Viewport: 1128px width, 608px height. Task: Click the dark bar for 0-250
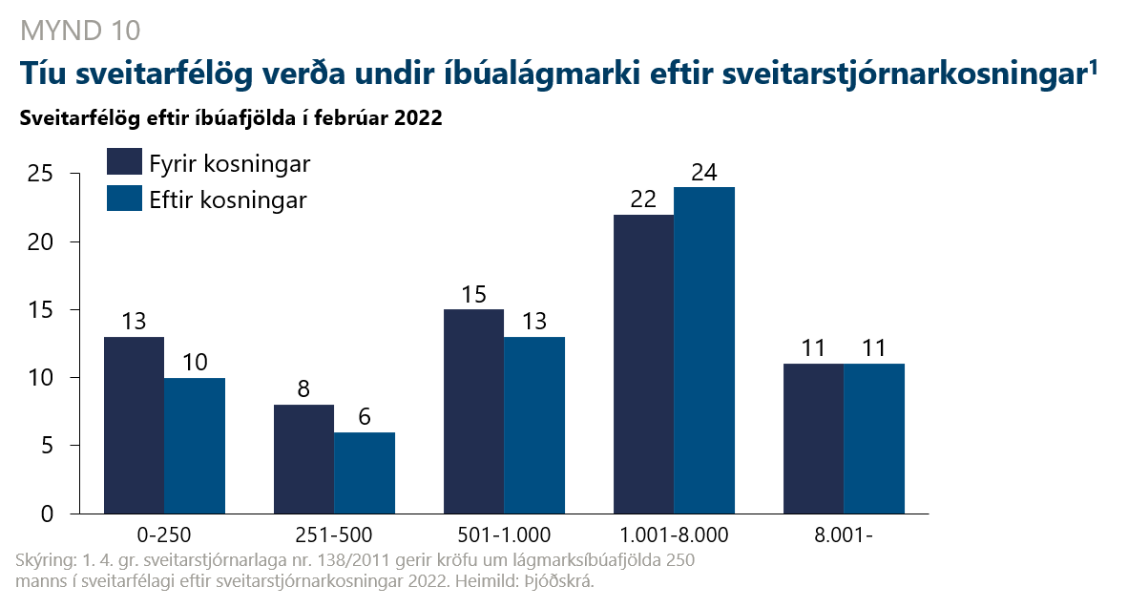[x=134, y=425]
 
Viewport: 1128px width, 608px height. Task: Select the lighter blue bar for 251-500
[x=365, y=472]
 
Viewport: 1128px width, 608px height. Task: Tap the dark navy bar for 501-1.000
[x=473, y=411]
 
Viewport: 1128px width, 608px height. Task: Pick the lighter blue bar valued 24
[x=704, y=350]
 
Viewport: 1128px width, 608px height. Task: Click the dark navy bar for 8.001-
[x=813, y=438]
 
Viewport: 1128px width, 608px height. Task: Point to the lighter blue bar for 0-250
[x=195, y=446]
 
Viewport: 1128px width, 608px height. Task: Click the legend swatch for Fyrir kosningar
[x=123, y=163]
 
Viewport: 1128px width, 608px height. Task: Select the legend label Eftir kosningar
[x=228, y=200]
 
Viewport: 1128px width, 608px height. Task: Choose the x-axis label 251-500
[x=335, y=535]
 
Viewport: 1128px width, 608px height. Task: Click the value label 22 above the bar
[x=643, y=200]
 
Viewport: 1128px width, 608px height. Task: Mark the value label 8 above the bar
[x=304, y=389]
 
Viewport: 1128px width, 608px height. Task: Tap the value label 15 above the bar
[x=473, y=295]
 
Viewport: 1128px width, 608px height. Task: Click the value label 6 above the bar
[x=365, y=417]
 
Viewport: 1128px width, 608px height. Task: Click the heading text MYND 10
[x=79, y=31]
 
